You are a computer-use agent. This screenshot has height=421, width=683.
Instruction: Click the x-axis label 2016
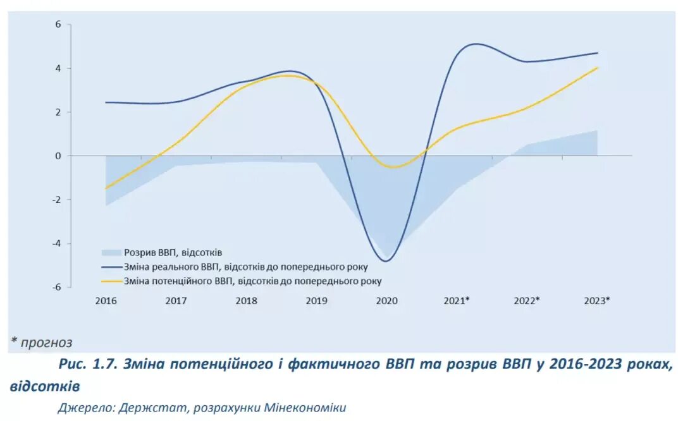pyautogui.click(x=106, y=301)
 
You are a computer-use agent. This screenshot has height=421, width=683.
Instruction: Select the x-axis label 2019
pyautogui.click(x=316, y=301)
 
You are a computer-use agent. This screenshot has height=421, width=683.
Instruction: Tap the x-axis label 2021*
pyautogui.click(x=457, y=301)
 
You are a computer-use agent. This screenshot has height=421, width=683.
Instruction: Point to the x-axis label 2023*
pyautogui.click(x=597, y=301)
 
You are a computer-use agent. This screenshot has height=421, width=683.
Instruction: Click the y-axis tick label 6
pyautogui.click(x=58, y=25)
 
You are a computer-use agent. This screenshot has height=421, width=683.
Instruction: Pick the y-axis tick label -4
pyautogui.click(x=56, y=243)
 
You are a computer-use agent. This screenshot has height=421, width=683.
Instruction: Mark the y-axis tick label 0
pyautogui.click(x=58, y=156)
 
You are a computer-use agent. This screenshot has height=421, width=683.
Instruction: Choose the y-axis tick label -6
pyautogui.click(x=56, y=287)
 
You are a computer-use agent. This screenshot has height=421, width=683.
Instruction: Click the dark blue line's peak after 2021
pyautogui.click(x=474, y=44)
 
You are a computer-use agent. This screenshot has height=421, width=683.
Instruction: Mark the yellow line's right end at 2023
pyautogui.click(x=597, y=68)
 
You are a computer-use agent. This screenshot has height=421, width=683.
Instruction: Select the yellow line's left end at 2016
pyautogui.click(x=106, y=188)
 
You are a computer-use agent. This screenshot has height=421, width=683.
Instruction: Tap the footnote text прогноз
pyautogui.click(x=46, y=343)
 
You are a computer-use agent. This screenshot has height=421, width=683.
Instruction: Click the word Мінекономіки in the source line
pyautogui.click(x=305, y=408)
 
